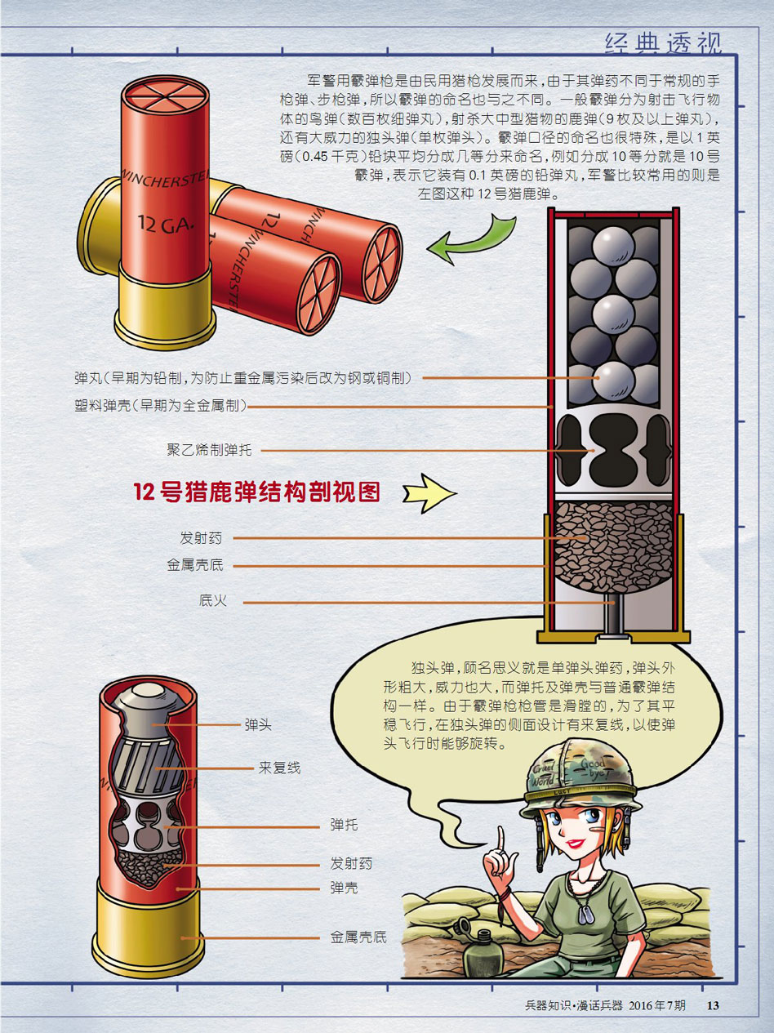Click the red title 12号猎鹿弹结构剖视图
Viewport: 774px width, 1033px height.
(257, 492)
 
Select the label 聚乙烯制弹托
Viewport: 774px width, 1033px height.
(209, 450)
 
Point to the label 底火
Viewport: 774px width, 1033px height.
(212, 600)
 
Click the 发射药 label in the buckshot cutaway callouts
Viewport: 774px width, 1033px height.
(201, 538)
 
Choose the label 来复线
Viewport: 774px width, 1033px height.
(279, 768)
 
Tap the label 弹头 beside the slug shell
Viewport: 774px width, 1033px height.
(258, 725)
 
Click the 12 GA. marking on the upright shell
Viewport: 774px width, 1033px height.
(166, 224)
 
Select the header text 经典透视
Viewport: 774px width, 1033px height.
(663, 43)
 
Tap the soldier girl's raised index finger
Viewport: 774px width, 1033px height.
(501, 840)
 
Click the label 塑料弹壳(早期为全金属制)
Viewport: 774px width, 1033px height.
(161, 405)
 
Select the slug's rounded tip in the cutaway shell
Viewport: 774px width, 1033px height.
(145, 690)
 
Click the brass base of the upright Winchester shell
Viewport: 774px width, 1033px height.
(165, 306)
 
